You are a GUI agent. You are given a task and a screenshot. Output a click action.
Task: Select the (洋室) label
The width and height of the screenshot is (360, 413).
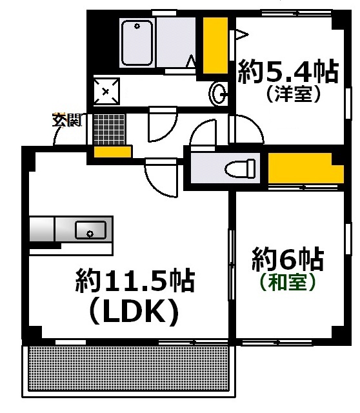(293, 96)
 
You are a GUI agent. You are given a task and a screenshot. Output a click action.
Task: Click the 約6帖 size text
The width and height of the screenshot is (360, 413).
(288, 260)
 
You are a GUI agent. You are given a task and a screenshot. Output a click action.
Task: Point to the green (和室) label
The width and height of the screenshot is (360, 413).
(288, 282)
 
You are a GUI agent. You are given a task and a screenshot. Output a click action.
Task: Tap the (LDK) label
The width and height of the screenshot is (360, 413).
(134, 312)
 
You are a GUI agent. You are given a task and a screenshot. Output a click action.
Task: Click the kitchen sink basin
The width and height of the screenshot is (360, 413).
(90, 229)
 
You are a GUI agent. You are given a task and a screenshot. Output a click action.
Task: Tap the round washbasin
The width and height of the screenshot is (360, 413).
(217, 94)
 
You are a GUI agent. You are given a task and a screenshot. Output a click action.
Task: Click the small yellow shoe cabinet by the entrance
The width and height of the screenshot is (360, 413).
(113, 152)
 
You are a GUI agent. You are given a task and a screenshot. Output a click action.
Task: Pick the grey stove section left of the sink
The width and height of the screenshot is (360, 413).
(42, 229)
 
